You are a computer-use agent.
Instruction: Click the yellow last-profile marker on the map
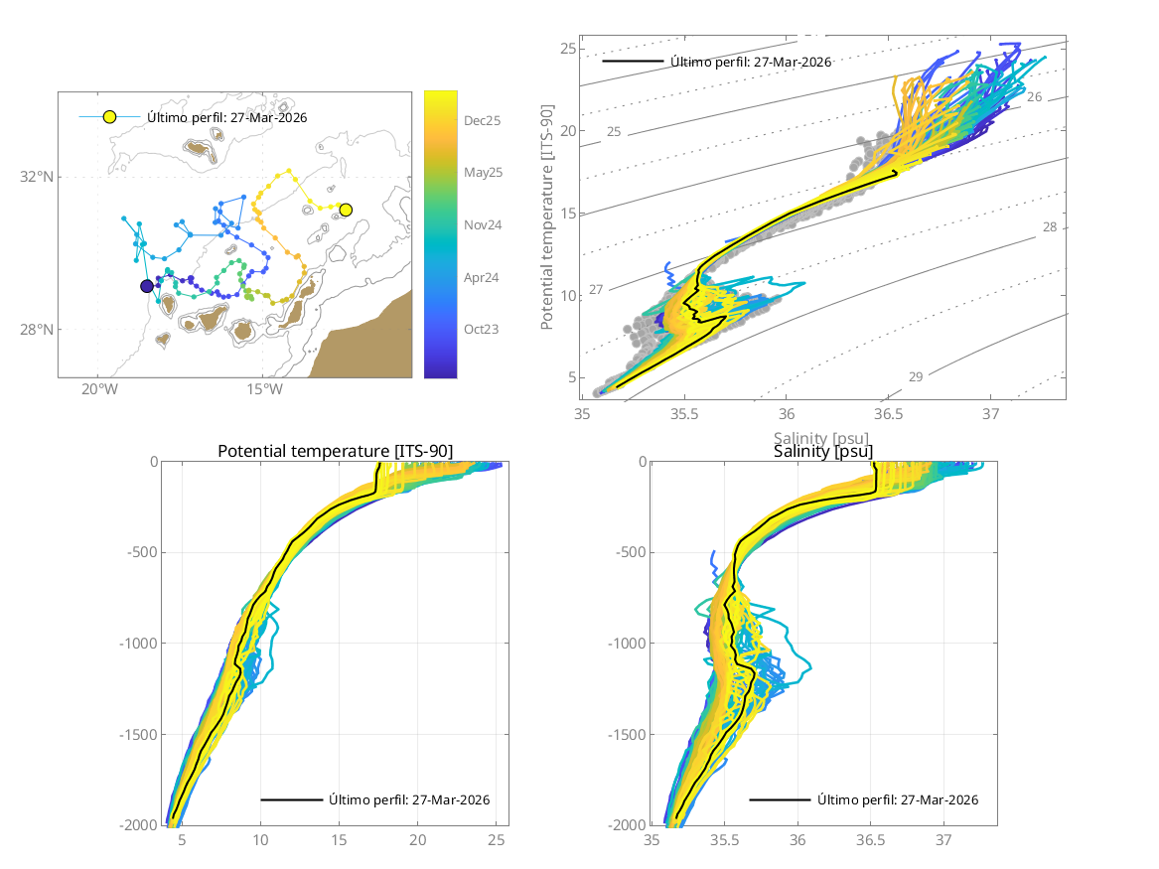click(346, 210)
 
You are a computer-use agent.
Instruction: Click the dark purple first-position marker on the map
click(147, 286)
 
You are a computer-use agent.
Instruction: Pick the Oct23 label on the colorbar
click(481, 330)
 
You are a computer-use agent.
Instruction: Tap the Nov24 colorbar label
click(482, 224)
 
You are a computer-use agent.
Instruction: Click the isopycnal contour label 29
click(916, 376)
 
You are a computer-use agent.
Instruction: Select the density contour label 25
click(614, 132)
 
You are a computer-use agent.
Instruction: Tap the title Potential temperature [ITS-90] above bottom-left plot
click(335, 452)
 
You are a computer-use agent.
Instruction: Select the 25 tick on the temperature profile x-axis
click(497, 840)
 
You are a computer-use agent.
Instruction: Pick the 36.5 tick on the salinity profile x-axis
click(870, 840)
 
